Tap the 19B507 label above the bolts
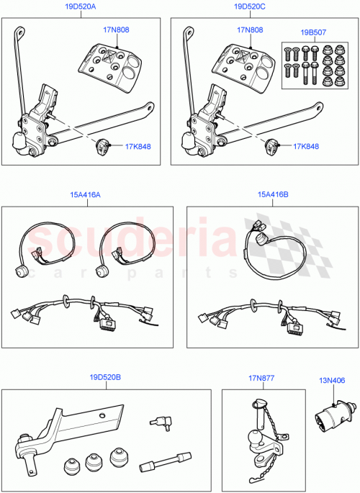click(314, 32)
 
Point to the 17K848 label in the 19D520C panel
click(307, 147)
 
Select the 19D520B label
click(105, 376)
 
